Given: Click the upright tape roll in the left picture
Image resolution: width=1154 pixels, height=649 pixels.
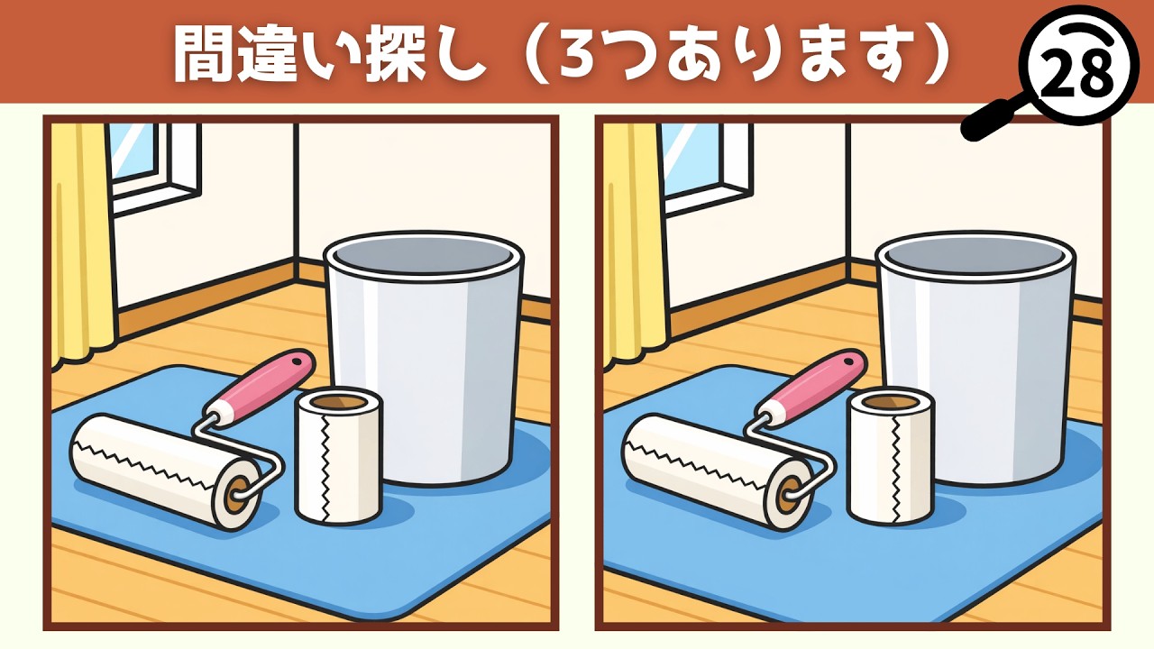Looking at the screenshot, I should [x=339, y=460].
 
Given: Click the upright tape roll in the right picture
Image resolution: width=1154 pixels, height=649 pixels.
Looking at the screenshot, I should [x=891, y=460].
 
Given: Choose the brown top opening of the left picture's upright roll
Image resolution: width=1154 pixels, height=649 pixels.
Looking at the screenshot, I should [x=339, y=403].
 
